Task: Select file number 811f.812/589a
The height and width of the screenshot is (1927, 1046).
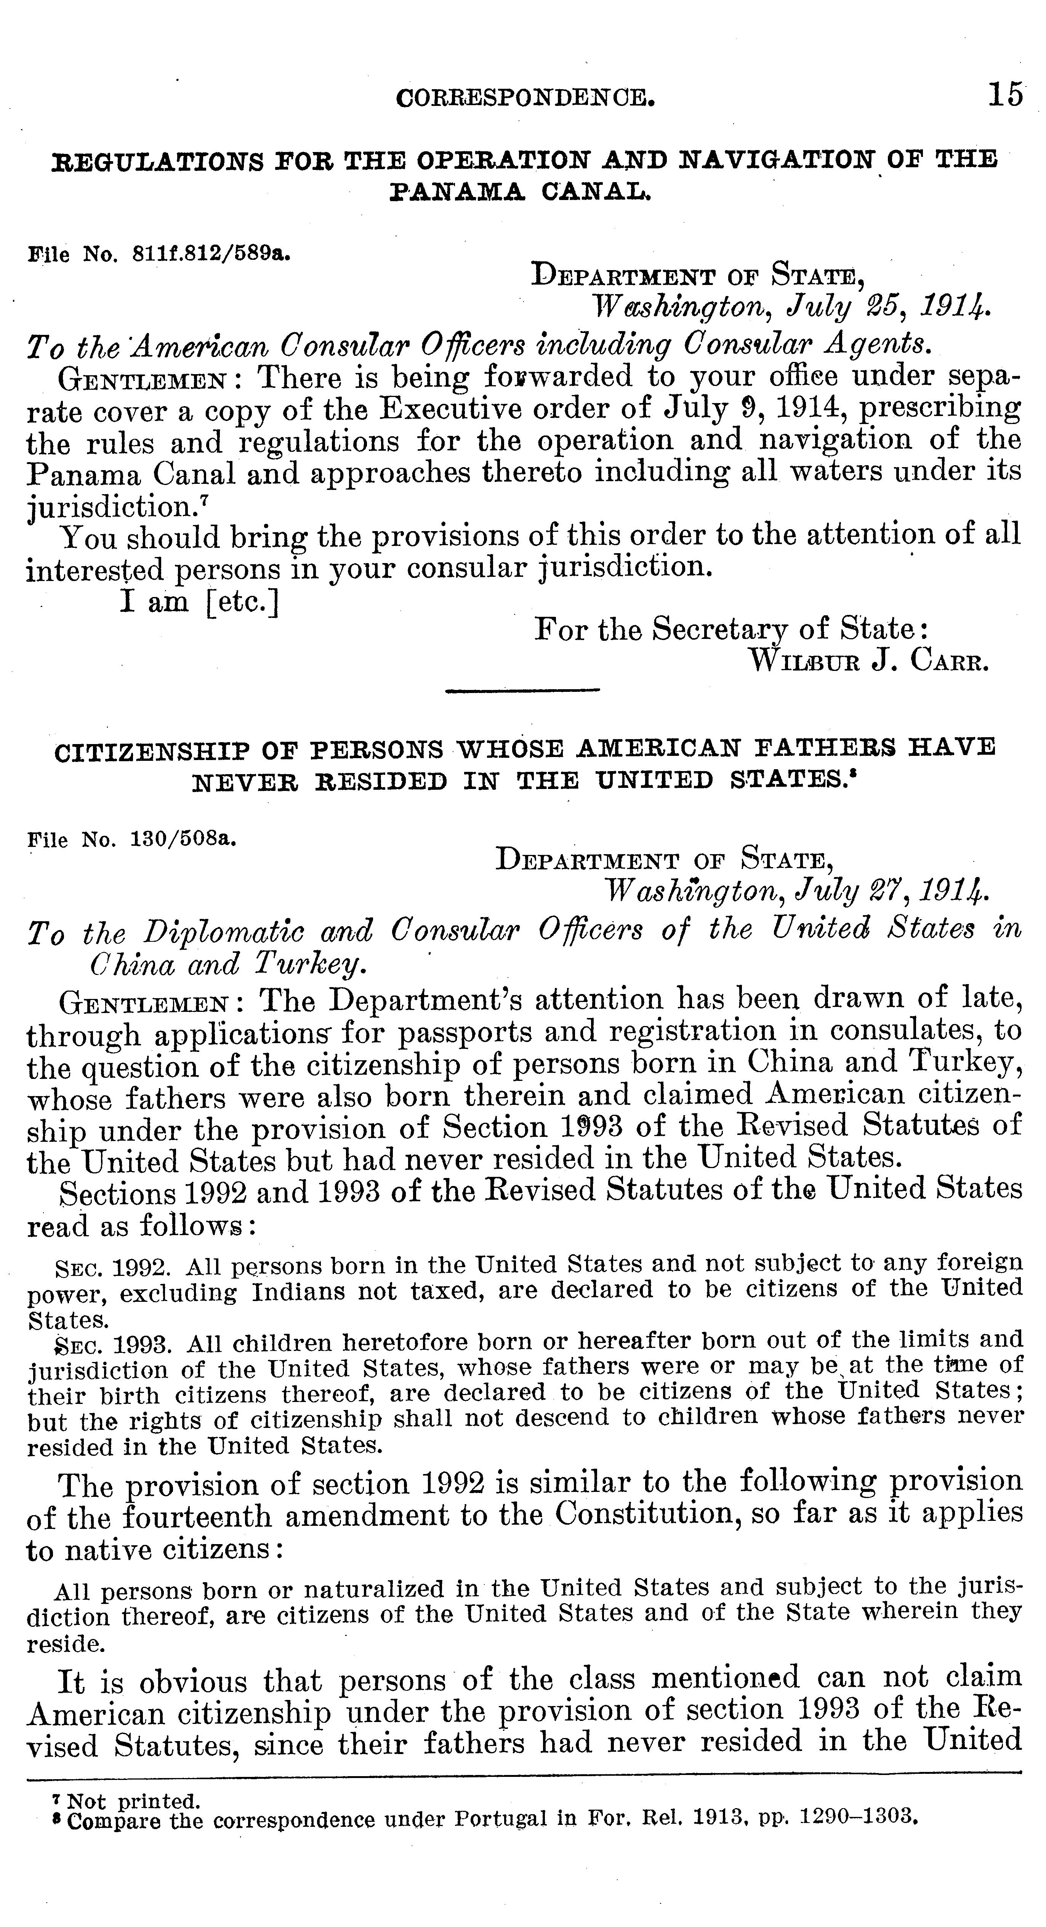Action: (211, 254)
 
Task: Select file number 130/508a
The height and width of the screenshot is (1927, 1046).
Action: (184, 839)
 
